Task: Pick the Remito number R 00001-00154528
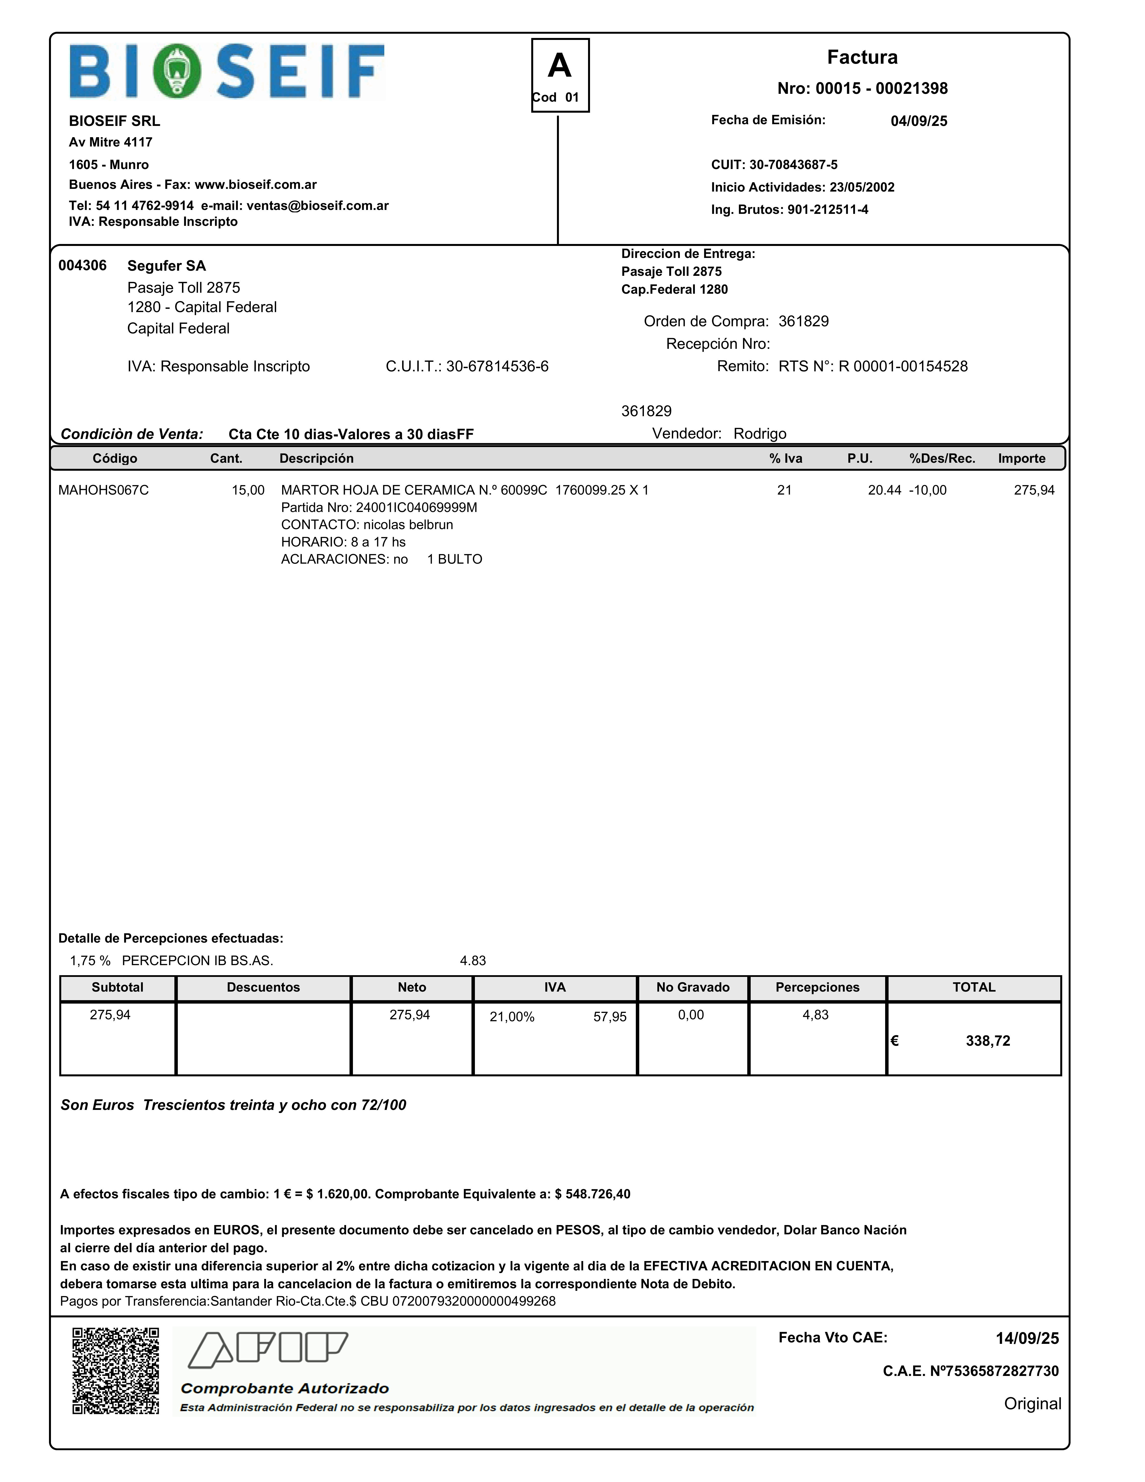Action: (x=903, y=366)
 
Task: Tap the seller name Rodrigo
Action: (x=760, y=434)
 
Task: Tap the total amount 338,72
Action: (x=988, y=1041)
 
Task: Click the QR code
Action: (x=115, y=1371)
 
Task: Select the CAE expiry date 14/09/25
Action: (x=1027, y=1338)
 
